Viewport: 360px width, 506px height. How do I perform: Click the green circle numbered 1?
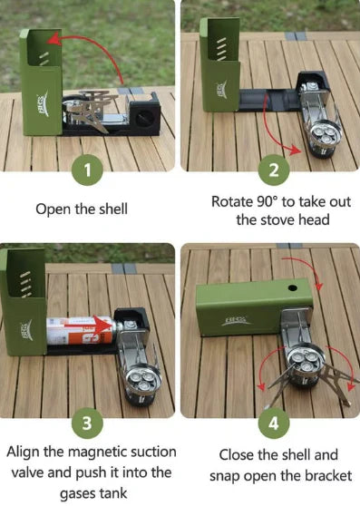87,170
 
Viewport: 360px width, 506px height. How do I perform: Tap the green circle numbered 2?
274,170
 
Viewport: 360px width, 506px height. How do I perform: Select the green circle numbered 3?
87,423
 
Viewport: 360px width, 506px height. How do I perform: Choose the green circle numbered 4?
274,423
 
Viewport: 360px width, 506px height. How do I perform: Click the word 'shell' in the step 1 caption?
113,209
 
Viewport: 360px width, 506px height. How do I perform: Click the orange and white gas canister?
82,330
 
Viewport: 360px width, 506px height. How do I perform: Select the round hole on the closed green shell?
293,287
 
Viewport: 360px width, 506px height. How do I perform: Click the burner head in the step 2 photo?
323,133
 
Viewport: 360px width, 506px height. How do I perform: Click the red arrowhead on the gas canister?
105,326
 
